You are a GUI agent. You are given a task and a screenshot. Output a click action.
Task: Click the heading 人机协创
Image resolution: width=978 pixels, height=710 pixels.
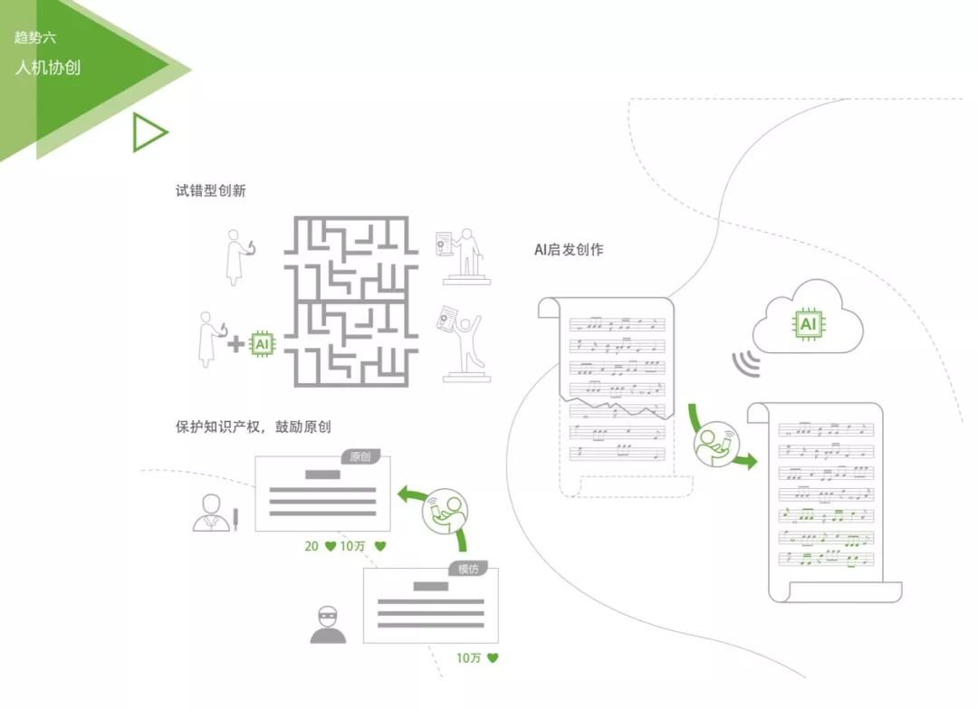[48, 67]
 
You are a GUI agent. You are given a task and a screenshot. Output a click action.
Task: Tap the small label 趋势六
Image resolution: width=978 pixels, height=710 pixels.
[35, 37]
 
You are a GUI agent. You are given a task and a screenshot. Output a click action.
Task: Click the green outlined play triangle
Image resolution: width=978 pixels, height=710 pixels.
[149, 132]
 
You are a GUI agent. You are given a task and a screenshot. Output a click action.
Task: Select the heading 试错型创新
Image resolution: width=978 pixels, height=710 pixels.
[211, 191]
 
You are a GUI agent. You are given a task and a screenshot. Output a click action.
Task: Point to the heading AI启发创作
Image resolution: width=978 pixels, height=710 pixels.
[569, 250]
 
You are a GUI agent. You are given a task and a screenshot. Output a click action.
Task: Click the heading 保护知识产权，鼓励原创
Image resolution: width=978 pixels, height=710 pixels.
[254, 427]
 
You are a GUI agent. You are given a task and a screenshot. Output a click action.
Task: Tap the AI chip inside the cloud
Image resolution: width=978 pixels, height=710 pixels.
[809, 324]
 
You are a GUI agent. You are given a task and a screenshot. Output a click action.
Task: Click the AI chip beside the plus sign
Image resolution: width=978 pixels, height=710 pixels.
[263, 344]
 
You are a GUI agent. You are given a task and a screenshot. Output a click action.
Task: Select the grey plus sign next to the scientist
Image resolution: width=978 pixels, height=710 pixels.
[235, 344]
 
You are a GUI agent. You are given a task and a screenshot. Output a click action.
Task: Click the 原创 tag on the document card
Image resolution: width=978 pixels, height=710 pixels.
[360, 456]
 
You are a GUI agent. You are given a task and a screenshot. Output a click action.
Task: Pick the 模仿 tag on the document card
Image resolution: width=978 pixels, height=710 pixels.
[468, 569]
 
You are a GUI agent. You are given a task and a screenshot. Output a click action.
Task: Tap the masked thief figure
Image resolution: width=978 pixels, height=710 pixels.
[328, 625]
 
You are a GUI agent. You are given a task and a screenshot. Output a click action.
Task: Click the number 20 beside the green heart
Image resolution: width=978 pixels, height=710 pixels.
[312, 547]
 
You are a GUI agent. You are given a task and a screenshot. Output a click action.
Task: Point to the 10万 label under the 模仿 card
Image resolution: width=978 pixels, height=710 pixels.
[468, 658]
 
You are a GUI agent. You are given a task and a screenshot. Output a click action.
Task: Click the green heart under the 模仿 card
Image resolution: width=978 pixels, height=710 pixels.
[493, 657]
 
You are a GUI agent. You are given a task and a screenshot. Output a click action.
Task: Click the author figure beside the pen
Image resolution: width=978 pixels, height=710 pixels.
[211, 513]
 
